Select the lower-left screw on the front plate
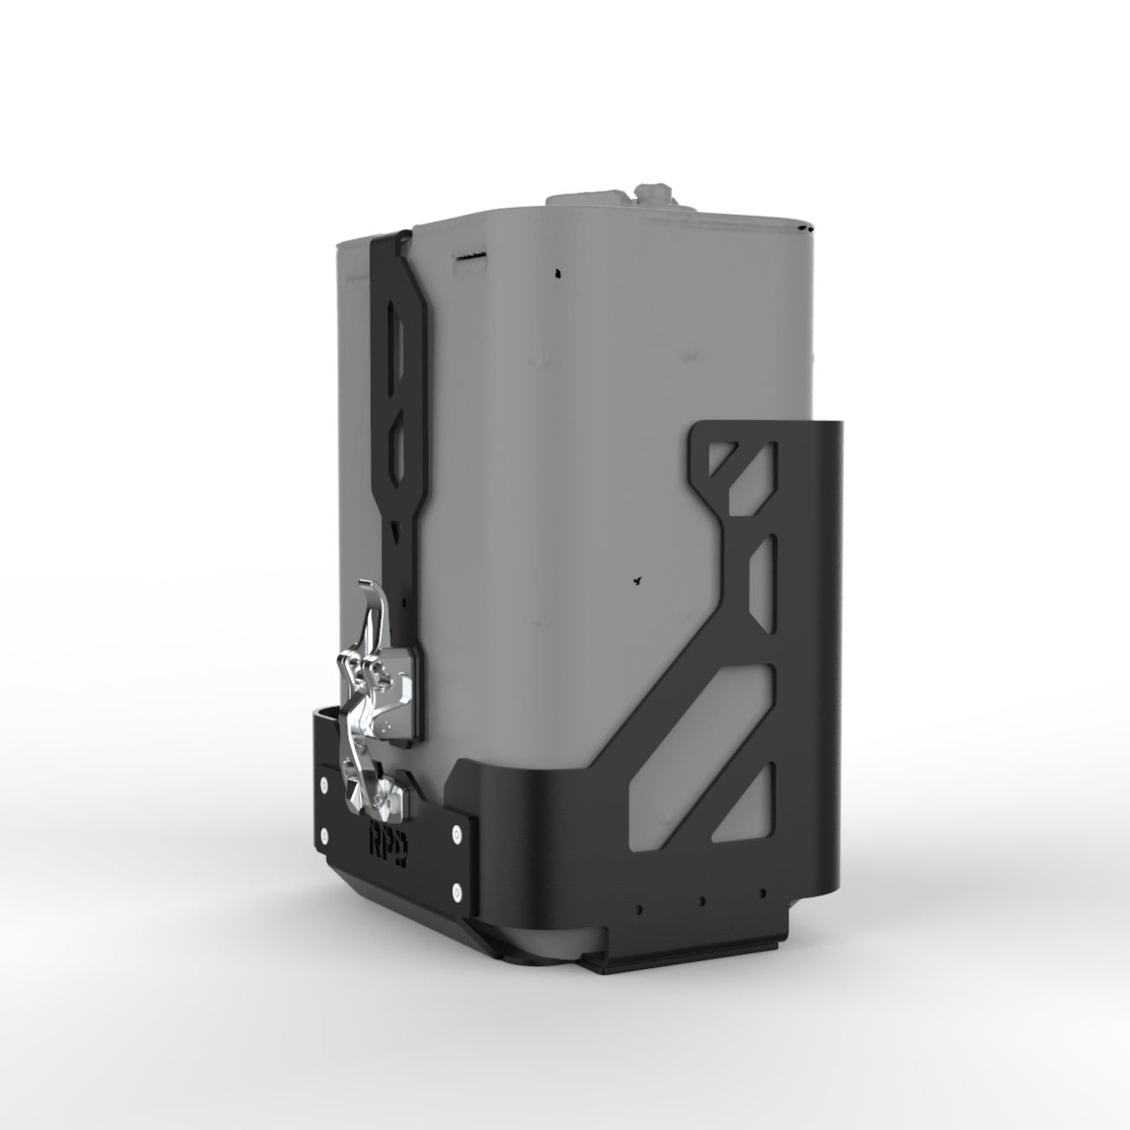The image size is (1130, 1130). click(324, 835)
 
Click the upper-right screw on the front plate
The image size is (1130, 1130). click(456, 836)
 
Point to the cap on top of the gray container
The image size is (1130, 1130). click(656, 192)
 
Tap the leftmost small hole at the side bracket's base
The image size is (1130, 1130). click(639, 909)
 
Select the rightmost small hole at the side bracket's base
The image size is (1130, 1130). click(763, 893)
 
